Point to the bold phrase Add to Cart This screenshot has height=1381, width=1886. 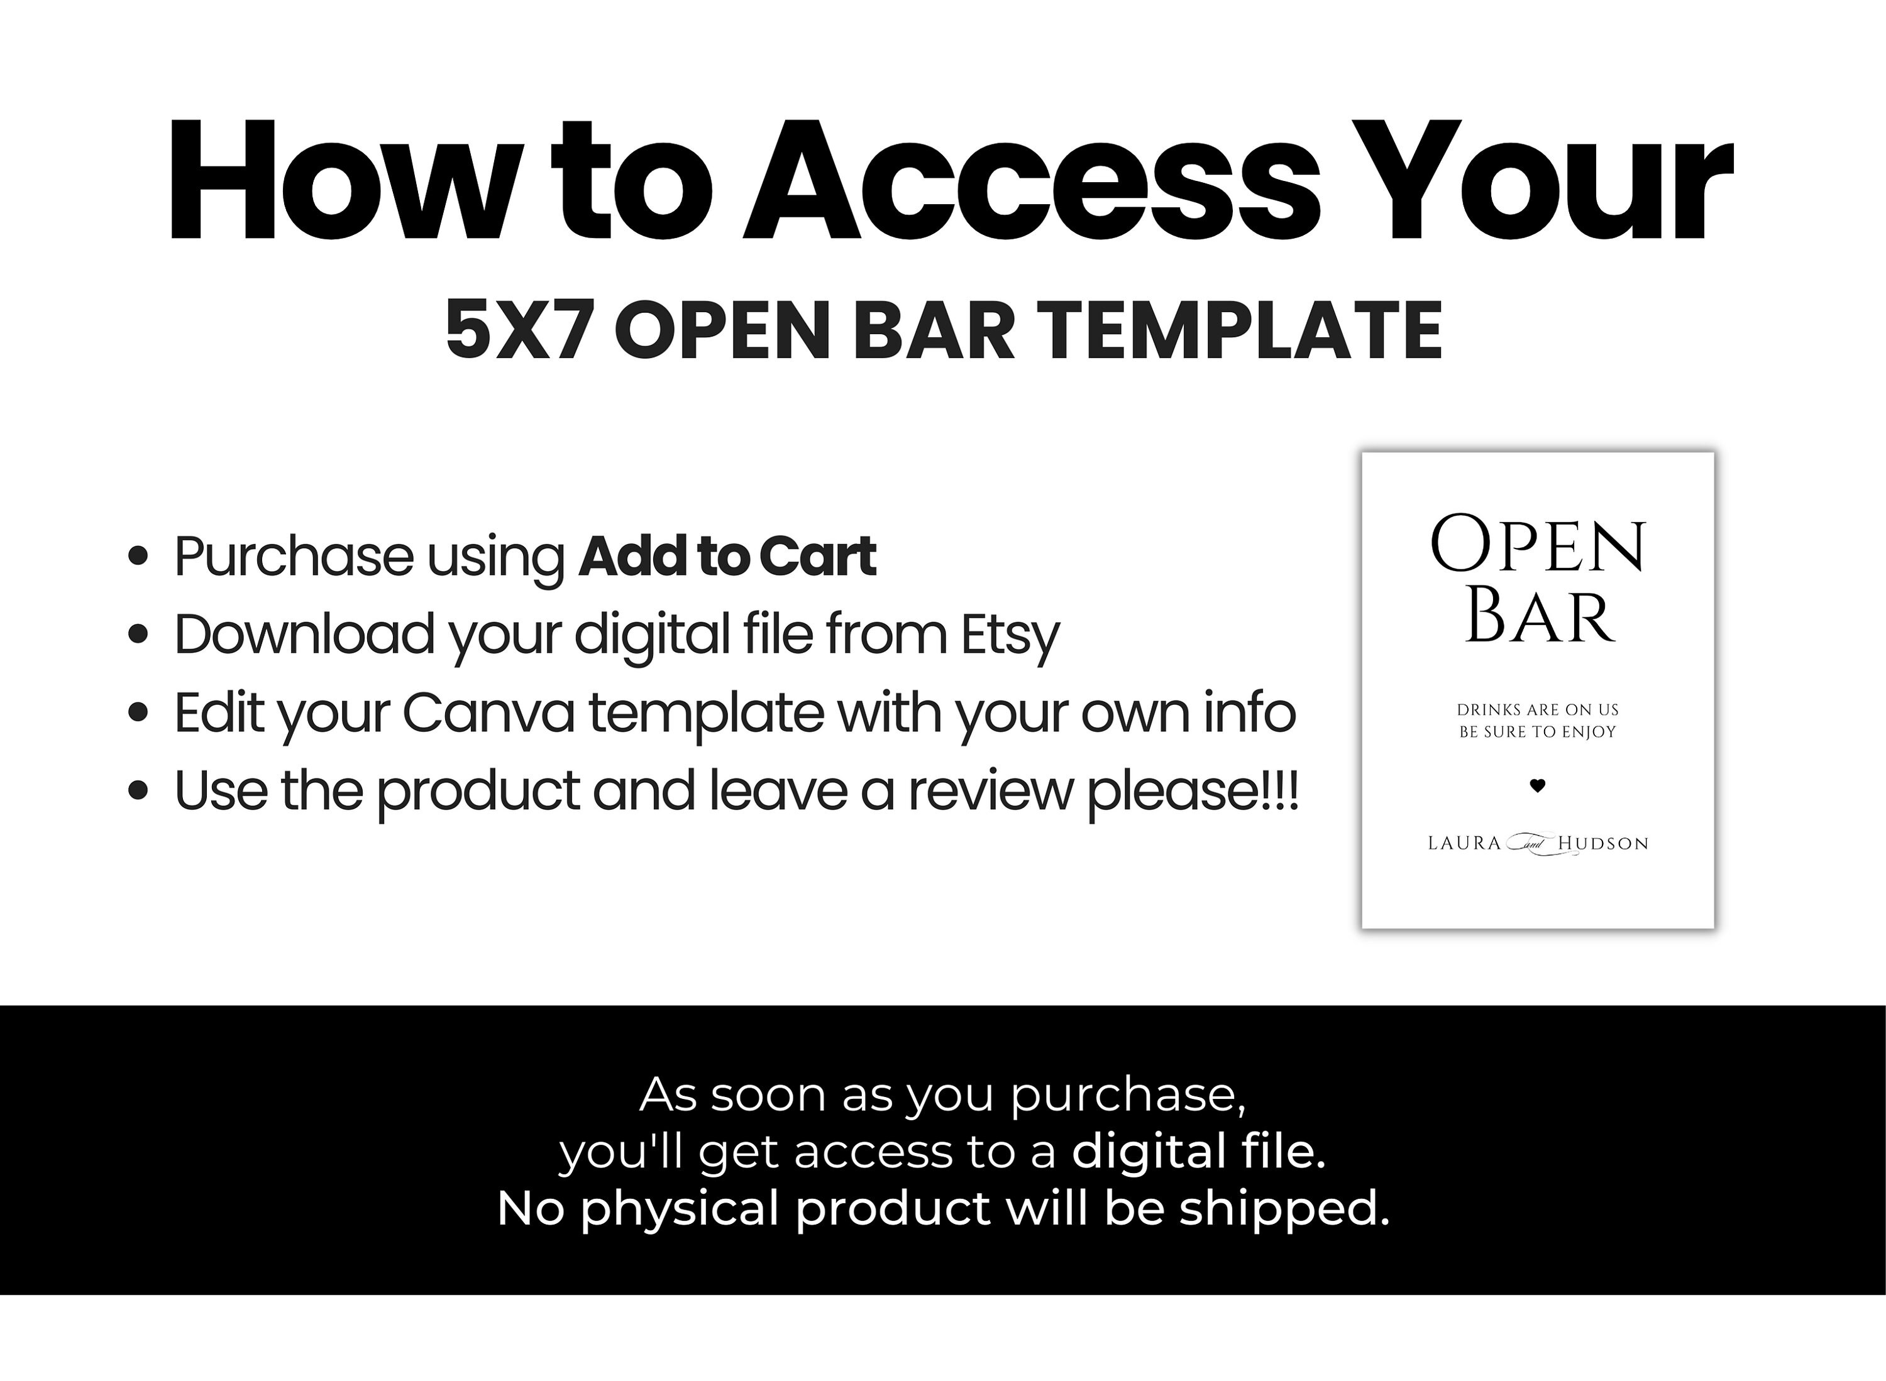point(727,556)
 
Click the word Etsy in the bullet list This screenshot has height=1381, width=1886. point(1010,635)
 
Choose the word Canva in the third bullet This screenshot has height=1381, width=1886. point(488,713)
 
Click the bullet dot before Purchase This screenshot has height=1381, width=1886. point(139,556)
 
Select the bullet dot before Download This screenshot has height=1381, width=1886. point(139,635)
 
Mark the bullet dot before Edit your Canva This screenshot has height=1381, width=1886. point(139,713)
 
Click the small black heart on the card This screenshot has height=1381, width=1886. point(1537,785)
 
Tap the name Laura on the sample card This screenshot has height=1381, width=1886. point(1464,843)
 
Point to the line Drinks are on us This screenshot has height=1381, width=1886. point(1537,710)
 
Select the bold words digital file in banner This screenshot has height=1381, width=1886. point(1198,1151)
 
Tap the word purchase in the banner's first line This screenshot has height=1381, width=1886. point(1127,1095)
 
